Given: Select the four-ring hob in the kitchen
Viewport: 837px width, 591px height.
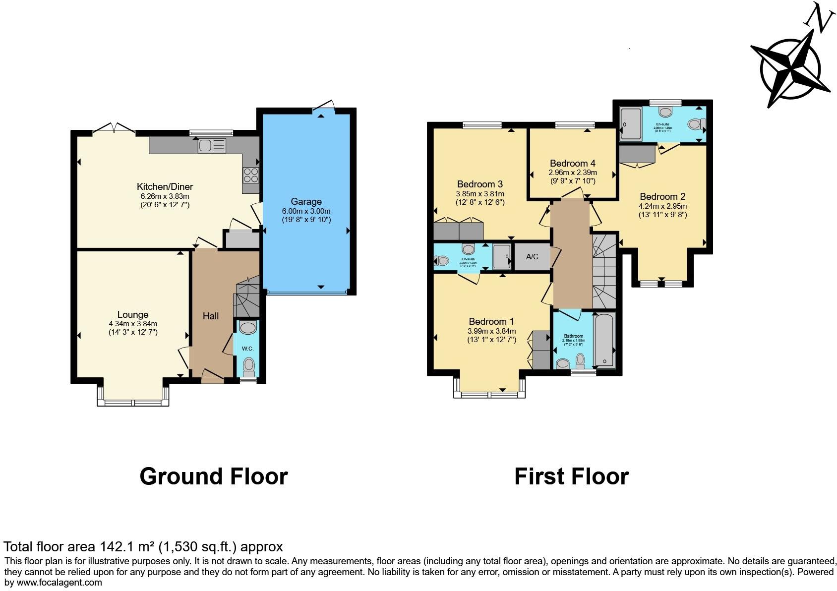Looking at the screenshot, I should [251, 176].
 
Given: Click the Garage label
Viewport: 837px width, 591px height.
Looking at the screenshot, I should [306, 202].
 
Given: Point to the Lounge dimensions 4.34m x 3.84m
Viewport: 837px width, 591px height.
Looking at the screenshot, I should [133, 324].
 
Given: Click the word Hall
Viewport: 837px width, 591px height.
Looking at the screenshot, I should [211, 316].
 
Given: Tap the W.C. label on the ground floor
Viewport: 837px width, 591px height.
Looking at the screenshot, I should [247, 349].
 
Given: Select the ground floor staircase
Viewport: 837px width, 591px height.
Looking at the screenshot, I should [247, 297].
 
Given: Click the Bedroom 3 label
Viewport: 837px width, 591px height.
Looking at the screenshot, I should [479, 184].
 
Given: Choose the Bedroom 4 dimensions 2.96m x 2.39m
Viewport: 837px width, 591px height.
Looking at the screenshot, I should [572, 173].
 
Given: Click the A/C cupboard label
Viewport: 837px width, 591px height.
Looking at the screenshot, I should [532, 257].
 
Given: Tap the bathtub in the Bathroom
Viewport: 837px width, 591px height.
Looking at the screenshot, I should [604, 340].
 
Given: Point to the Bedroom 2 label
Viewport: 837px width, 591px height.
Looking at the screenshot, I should [662, 197].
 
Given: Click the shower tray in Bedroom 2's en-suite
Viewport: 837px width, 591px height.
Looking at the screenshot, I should [631, 123].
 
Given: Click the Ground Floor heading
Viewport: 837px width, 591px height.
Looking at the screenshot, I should [214, 476].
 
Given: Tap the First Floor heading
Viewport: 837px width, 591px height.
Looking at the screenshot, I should [571, 476].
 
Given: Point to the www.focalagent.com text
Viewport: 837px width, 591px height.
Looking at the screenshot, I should [60, 583].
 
